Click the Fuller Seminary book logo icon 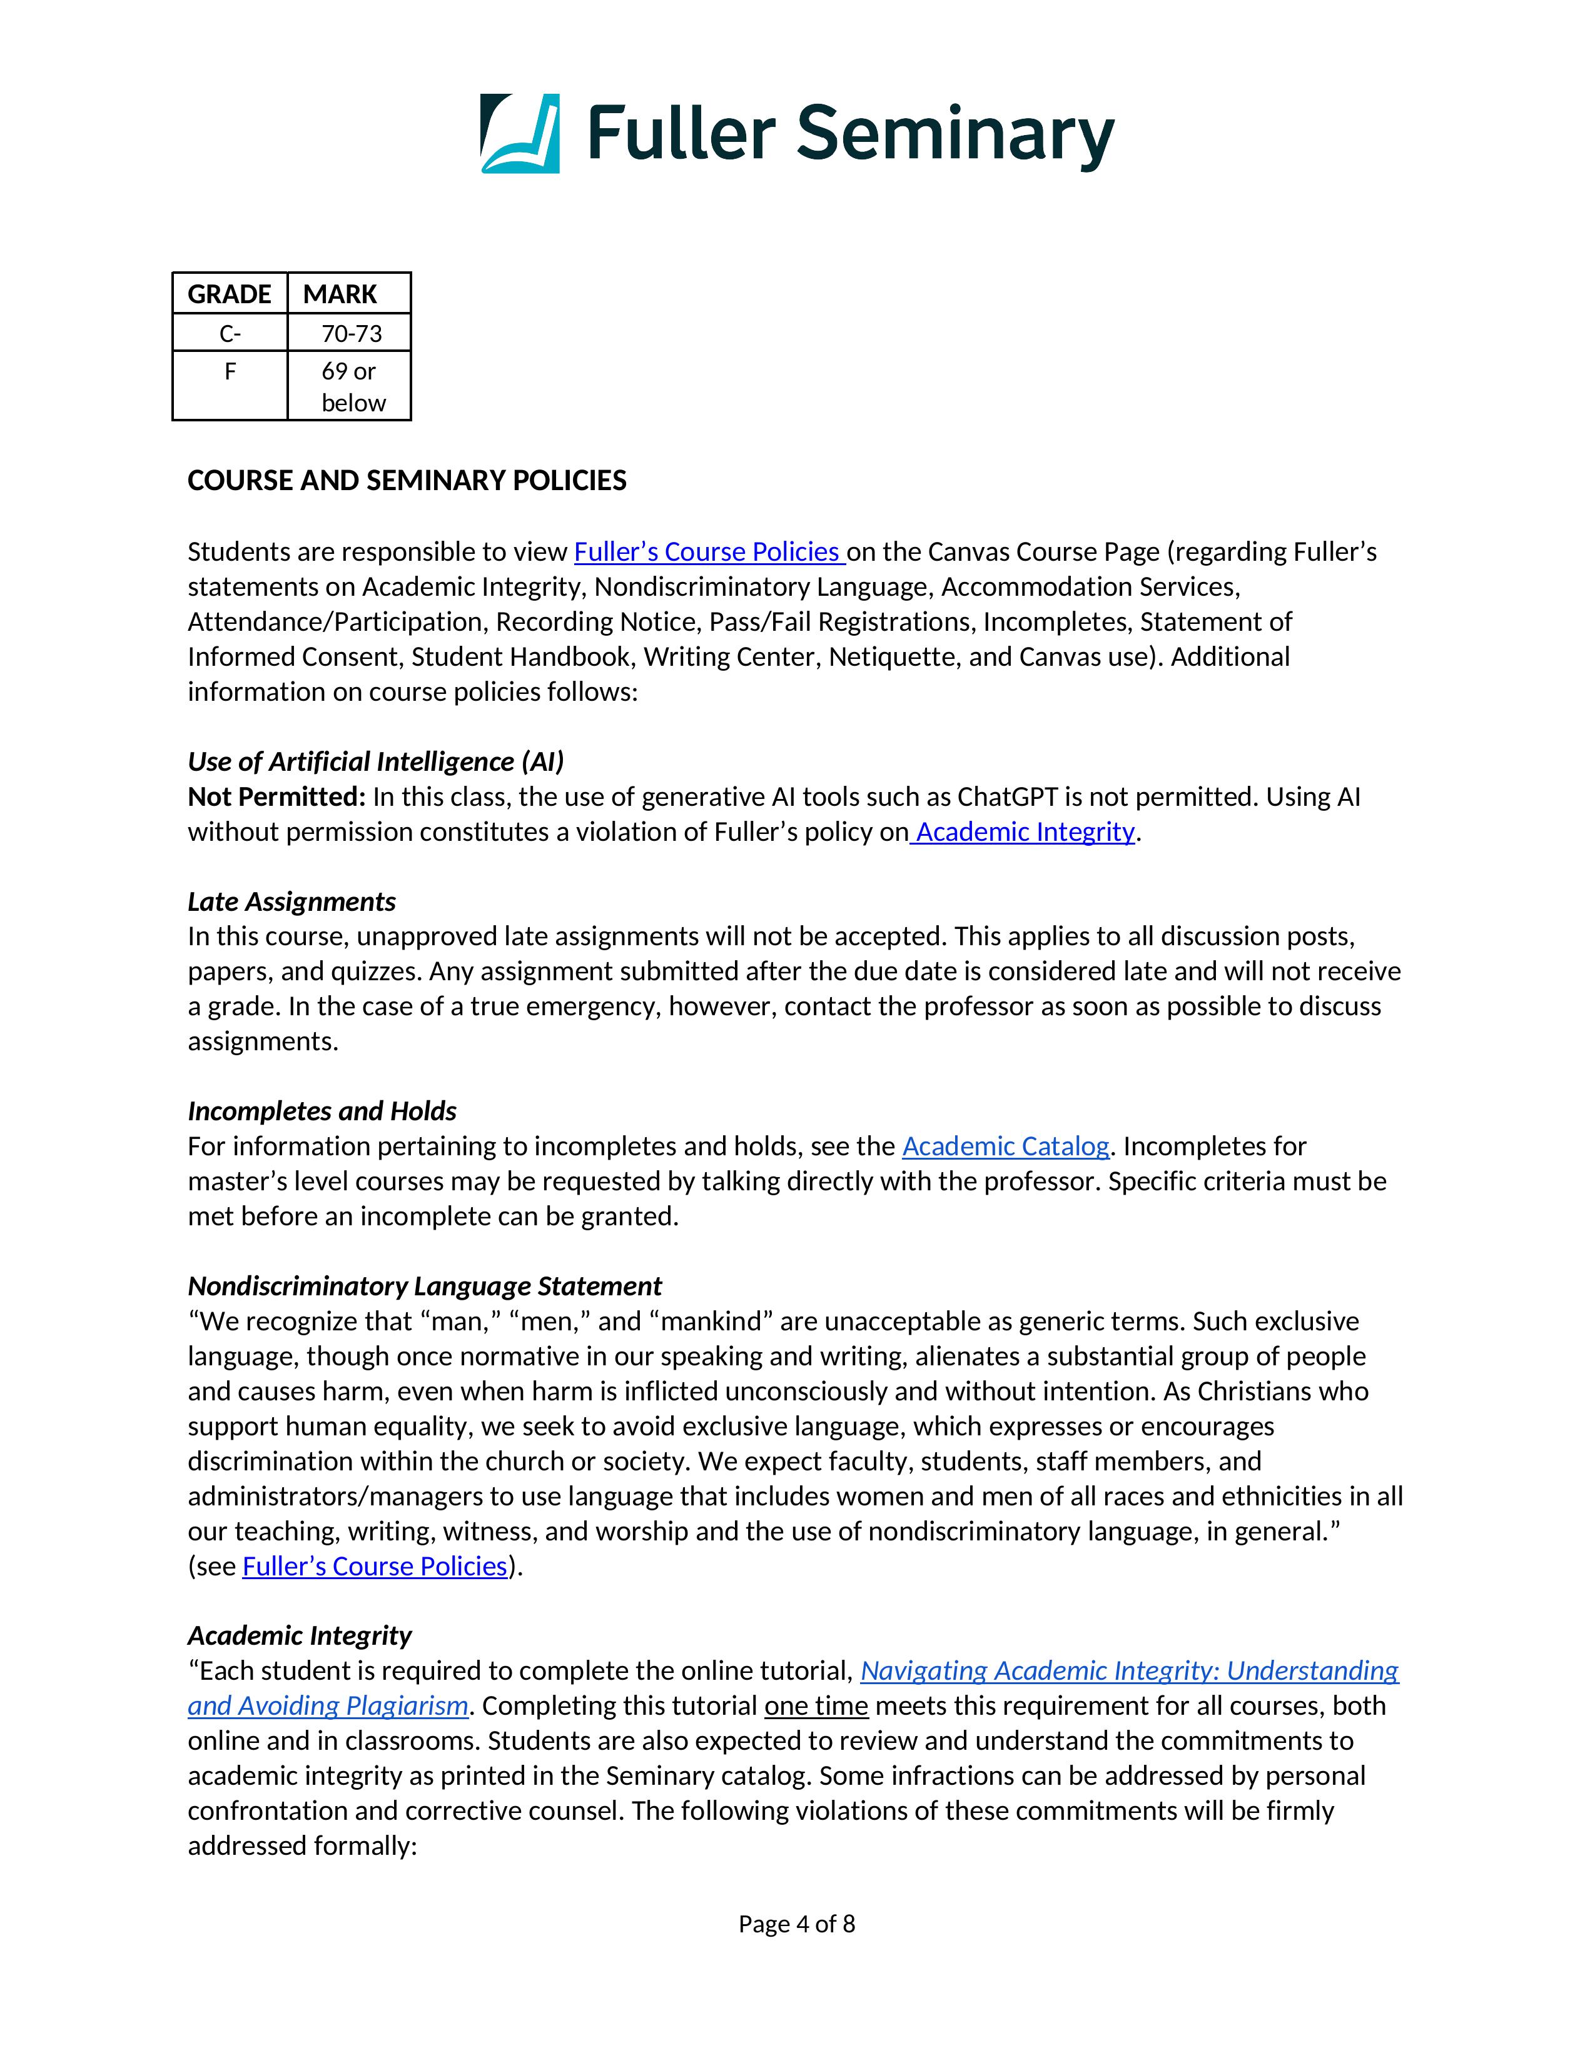click(520, 133)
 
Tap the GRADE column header click(230, 294)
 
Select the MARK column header click(340, 294)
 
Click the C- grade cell click(230, 333)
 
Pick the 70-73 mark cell click(352, 333)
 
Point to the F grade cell click(230, 372)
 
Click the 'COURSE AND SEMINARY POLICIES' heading click(407, 481)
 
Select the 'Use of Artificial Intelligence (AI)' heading click(375, 761)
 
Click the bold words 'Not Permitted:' click(276, 797)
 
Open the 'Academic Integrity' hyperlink click(1025, 832)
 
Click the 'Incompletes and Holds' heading click(322, 1112)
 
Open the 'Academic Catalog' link click(1005, 1147)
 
